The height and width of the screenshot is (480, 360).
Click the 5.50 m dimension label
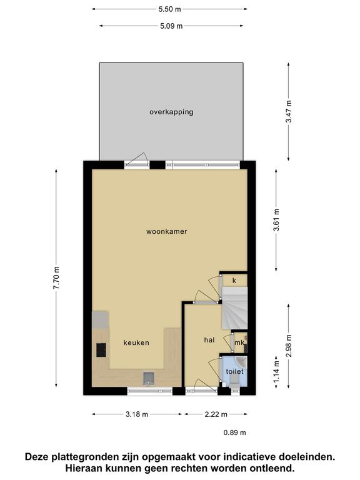point(169,9)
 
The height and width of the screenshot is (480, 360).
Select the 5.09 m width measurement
point(171,26)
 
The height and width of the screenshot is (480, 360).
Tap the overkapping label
point(171,112)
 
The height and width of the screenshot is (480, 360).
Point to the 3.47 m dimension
point(288,112)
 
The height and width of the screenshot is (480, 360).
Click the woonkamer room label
point(166,231)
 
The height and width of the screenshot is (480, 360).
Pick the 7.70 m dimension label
point(56,277)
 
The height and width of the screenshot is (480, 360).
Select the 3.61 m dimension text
point(276,220)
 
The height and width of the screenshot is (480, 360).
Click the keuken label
point(136,343)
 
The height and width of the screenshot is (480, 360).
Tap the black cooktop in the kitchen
point(101,350)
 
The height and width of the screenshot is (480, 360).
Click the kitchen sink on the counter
point(149,378)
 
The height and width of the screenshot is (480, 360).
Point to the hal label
point(209,340)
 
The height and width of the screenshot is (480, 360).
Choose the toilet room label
point(235,372)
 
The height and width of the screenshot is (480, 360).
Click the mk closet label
point(239,343)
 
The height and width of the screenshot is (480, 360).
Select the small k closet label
point(234,281)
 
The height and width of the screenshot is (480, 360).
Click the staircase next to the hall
point(234,308)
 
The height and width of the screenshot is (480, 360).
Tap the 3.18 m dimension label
point(137,414)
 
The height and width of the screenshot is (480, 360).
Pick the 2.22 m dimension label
point(216,414)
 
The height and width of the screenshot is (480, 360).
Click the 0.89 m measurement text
point(235,432)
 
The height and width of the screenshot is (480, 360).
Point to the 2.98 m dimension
point(288,346)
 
